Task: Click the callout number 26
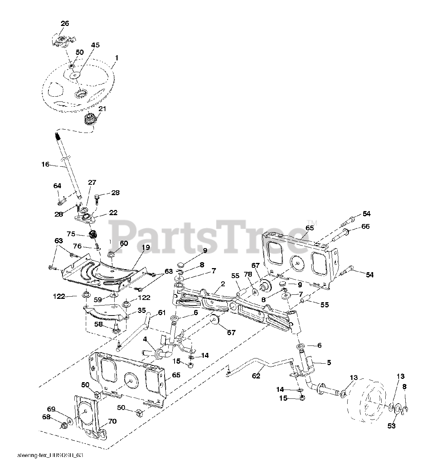click(65, 23)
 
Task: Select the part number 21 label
click(102, 109)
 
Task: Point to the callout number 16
click(45, 164)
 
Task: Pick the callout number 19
click(146, 247)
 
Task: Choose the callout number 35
click(142, 310)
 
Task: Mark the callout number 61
click(162, 313)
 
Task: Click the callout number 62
click(256, 376)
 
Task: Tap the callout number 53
click(392, 426)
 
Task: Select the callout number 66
click(366, 226)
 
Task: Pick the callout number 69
click(51, 409)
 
